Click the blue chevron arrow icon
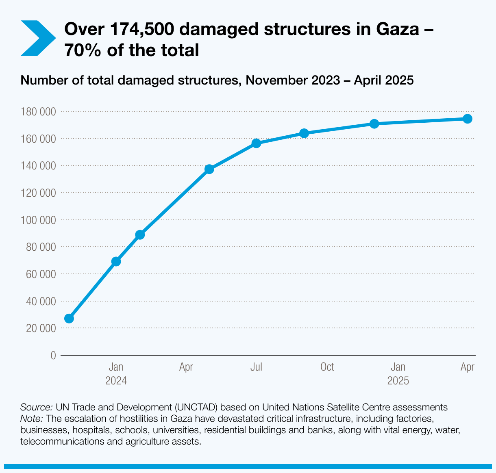point(37,38)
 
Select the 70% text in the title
point(83,50)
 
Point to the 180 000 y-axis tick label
point(38,111)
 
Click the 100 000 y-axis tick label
point(38,220)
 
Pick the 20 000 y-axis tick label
point(40,328)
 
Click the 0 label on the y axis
point(53,356)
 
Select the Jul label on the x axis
point(256,367)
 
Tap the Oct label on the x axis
point(327,367)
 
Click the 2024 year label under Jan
point(116,381)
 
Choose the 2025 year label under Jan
point(398,381)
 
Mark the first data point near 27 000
point(69,318)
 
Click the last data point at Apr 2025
point(468,119)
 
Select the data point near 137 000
point(209,169)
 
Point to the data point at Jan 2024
point(116,261)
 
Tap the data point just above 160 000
point(304,133)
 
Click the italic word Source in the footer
point(36,407)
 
